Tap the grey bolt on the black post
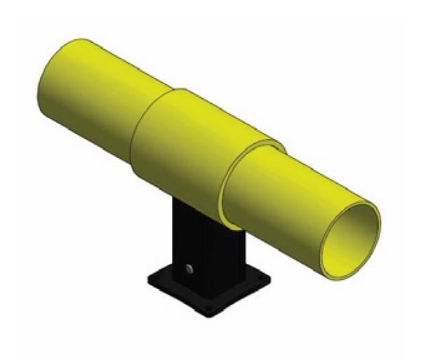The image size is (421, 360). point(189,267)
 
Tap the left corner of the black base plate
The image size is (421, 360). point(148,281)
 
